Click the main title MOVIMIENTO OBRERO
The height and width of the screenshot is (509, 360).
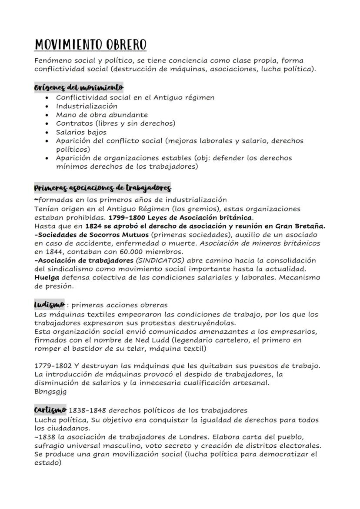90,45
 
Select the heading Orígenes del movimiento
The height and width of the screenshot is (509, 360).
79,87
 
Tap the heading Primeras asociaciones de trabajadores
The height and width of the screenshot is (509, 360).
103,188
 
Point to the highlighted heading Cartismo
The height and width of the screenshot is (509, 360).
50,409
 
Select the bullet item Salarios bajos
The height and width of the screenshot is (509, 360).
81,132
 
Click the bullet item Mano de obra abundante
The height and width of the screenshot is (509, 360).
102,115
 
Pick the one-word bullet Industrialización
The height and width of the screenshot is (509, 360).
87,106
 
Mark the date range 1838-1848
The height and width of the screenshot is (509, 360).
88,410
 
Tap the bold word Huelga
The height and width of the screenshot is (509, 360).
46,277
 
